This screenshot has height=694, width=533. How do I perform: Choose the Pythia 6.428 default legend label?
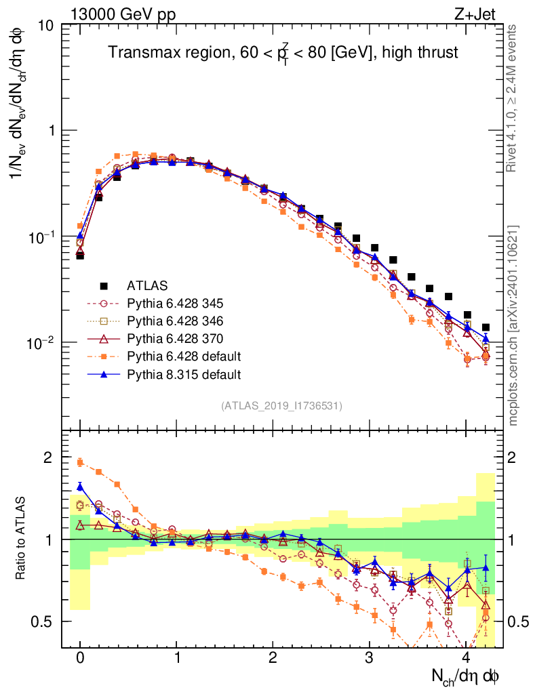[x=189, y=356]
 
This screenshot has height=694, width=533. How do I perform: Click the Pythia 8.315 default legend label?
[x=189, y=373]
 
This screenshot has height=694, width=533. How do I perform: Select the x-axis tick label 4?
[x=466, y=658]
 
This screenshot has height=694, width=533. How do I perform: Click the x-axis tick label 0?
[x=80, y=658]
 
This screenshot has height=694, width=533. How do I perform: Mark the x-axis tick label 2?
[x=273, y=658]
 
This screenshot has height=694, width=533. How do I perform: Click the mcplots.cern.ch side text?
[x=513, y=325]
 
